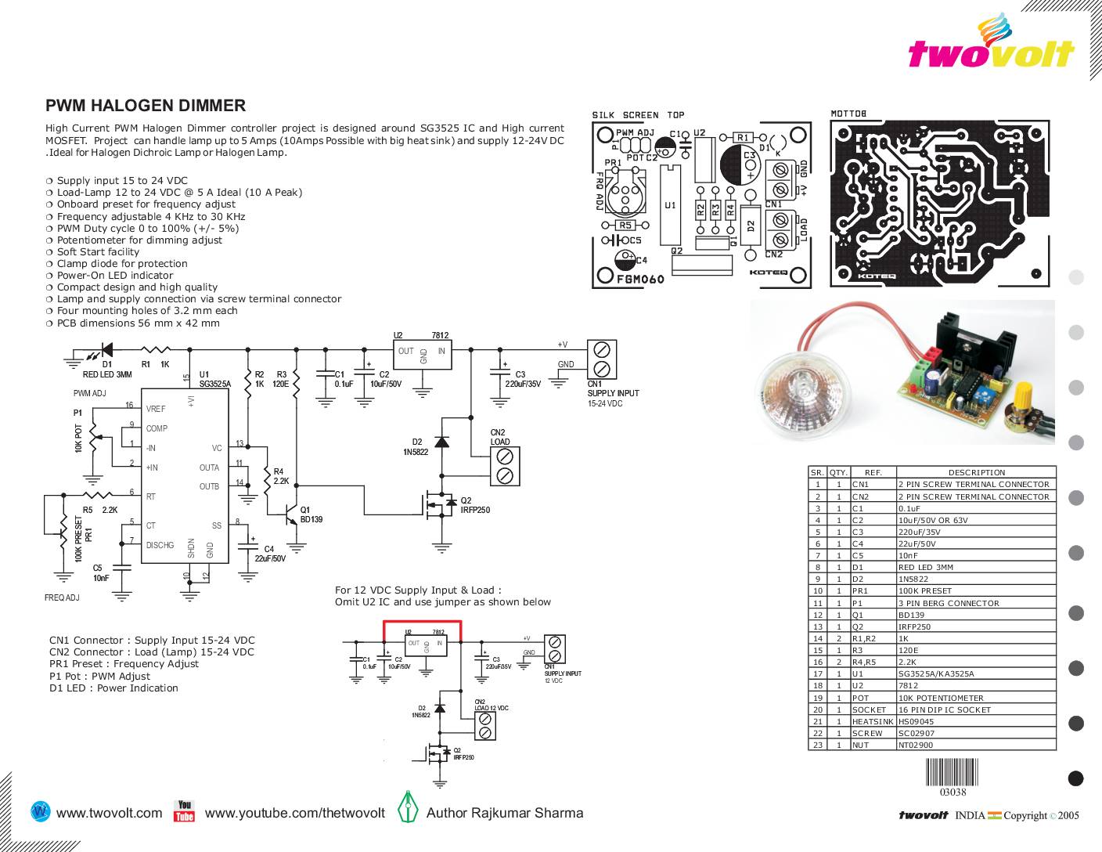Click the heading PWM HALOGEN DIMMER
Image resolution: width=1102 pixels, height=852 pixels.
146,106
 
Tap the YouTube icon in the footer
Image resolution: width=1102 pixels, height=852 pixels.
185,811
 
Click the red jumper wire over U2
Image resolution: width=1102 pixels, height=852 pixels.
423,623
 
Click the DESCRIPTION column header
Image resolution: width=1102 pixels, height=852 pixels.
976,472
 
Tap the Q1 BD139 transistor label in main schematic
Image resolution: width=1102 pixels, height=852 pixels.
311,514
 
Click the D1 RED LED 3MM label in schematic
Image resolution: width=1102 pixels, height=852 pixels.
107,370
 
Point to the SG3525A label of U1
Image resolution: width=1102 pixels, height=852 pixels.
215,384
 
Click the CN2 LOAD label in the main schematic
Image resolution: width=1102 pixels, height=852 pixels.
499,437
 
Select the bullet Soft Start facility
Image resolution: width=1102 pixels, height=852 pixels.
98,251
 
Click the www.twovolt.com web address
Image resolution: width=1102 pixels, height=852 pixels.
110,813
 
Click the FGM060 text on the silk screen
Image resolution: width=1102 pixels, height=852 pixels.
640,280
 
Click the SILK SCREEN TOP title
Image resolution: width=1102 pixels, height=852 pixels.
637,115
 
